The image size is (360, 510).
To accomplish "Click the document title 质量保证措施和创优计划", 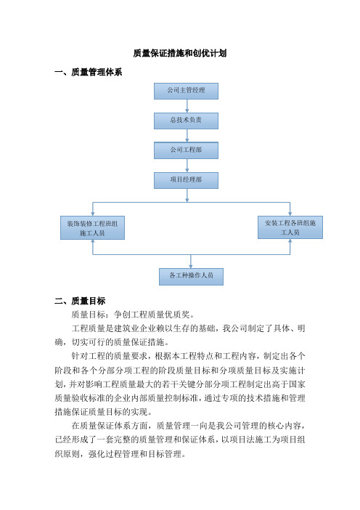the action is (180, 53).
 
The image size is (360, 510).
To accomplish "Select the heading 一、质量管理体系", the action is (89, 72).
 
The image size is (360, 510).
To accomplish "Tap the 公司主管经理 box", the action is (186, 91).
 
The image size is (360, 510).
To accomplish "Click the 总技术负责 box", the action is (186, 121).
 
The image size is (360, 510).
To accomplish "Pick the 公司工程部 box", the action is (186, 150).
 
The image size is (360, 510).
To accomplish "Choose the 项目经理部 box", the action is (186, 180).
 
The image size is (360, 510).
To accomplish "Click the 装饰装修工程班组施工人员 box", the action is (93, 227).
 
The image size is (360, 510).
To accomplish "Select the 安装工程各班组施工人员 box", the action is (290, 227).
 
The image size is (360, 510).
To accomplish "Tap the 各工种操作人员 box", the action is (191, 277).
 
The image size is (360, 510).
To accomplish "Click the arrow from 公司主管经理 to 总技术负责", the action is (187, 106).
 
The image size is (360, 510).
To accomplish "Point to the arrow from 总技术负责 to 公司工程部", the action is (187, 136).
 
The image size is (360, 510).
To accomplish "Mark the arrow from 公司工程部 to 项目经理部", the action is (187, 166).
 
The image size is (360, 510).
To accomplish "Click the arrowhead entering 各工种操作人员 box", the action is (191, 266).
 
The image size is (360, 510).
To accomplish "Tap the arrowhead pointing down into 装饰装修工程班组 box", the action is (93, 214).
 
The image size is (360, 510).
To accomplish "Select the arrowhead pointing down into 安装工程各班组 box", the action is (290, 214).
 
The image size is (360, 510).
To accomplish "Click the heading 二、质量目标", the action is (80, 301).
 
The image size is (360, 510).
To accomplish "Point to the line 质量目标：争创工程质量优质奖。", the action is (134, 315).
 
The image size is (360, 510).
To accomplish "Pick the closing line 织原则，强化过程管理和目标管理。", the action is (120, 454).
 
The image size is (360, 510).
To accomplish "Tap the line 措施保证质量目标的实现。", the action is (103, 412).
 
